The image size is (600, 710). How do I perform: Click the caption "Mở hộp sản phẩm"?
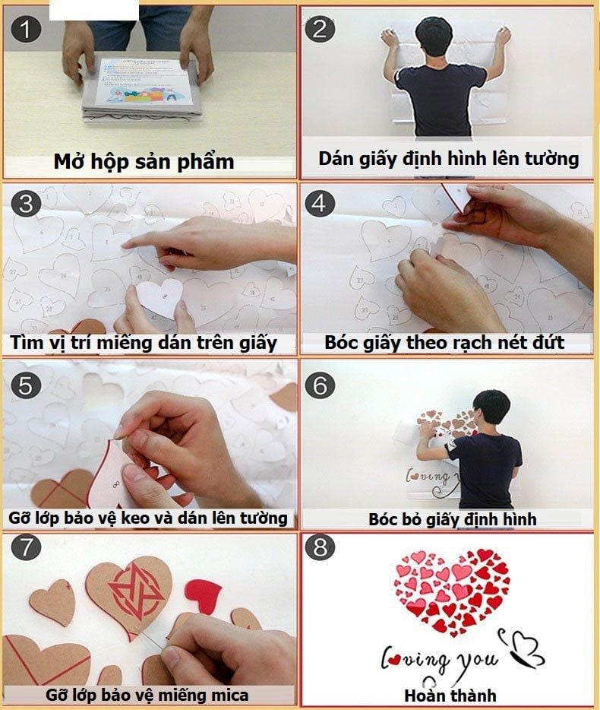(x=144, y=162)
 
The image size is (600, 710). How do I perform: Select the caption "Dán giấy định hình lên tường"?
(x=448, y=159)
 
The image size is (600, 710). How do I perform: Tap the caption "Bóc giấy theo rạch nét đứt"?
(x=444, y=342)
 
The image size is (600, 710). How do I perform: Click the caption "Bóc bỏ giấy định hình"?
(x=453, y=519)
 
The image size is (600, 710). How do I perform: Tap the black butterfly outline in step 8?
(x=524, y=647)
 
